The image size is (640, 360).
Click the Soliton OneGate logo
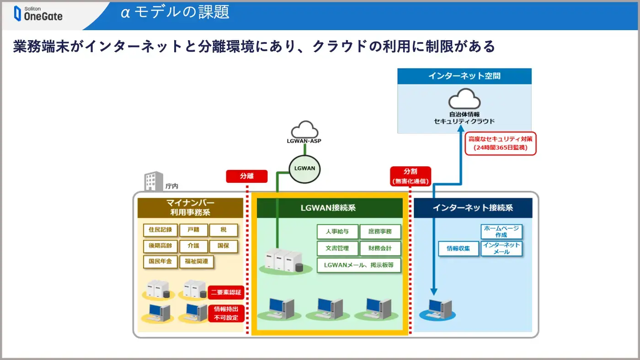click(x=38, y=13)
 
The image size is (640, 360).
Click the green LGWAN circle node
click(x=304, y=169)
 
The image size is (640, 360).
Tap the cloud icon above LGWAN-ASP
click(x=304, y=129)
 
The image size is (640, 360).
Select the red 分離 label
click(x=247, y=176)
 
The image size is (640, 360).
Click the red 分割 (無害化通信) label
click(x=411, y=176)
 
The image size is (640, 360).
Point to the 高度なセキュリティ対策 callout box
click(x=500, y=143)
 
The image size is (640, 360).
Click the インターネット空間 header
click(x=464, y=76)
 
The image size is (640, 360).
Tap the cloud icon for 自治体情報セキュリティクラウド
click(x=464, y=99)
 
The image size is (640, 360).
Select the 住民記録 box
click(x=160, y=230)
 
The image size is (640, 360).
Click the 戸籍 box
click(x=193, y=230)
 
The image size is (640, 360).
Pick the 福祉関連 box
click(x=196, y=262)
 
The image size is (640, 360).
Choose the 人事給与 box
click(x=337, y=232)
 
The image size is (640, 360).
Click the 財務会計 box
click(x=380, y=249)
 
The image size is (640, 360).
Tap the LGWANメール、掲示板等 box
click(x=359, y=265)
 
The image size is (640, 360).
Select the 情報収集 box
click(x=458, y=249)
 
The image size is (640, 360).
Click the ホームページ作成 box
click(x=501, y=232)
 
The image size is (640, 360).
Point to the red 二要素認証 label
click(x=226, y=292)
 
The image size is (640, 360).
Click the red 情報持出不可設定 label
click(x=226, y=313)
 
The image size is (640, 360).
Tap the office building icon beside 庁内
click(x=154, y=181)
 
